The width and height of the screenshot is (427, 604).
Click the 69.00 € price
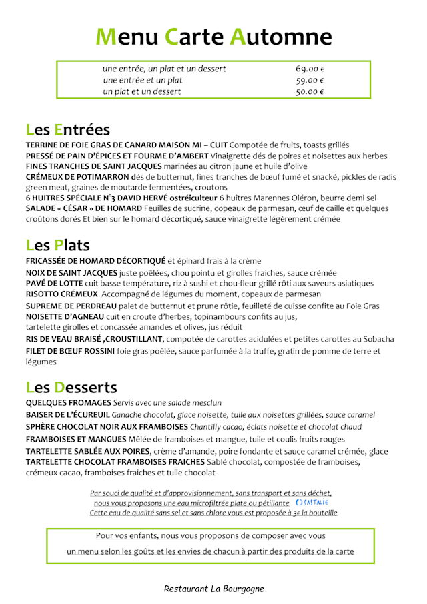point(310,69)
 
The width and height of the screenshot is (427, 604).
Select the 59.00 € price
point(310,80)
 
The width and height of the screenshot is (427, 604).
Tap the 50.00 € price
point(310,91)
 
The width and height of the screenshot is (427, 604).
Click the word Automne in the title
point(281,37)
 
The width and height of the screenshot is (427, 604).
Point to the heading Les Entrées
point(68,129)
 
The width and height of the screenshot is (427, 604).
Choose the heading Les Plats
point(58,245)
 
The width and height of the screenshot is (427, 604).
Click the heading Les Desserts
point(71,387)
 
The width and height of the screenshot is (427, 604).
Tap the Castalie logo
point(311,502)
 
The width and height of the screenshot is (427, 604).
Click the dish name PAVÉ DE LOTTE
point(53,283)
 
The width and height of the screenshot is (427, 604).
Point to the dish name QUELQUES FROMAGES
point(68,402)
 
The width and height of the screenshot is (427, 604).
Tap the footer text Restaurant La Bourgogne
point(213,589)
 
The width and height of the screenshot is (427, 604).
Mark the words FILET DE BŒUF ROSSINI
point(70,351)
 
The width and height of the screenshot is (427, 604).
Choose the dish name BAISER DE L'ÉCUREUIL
point(67,414)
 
